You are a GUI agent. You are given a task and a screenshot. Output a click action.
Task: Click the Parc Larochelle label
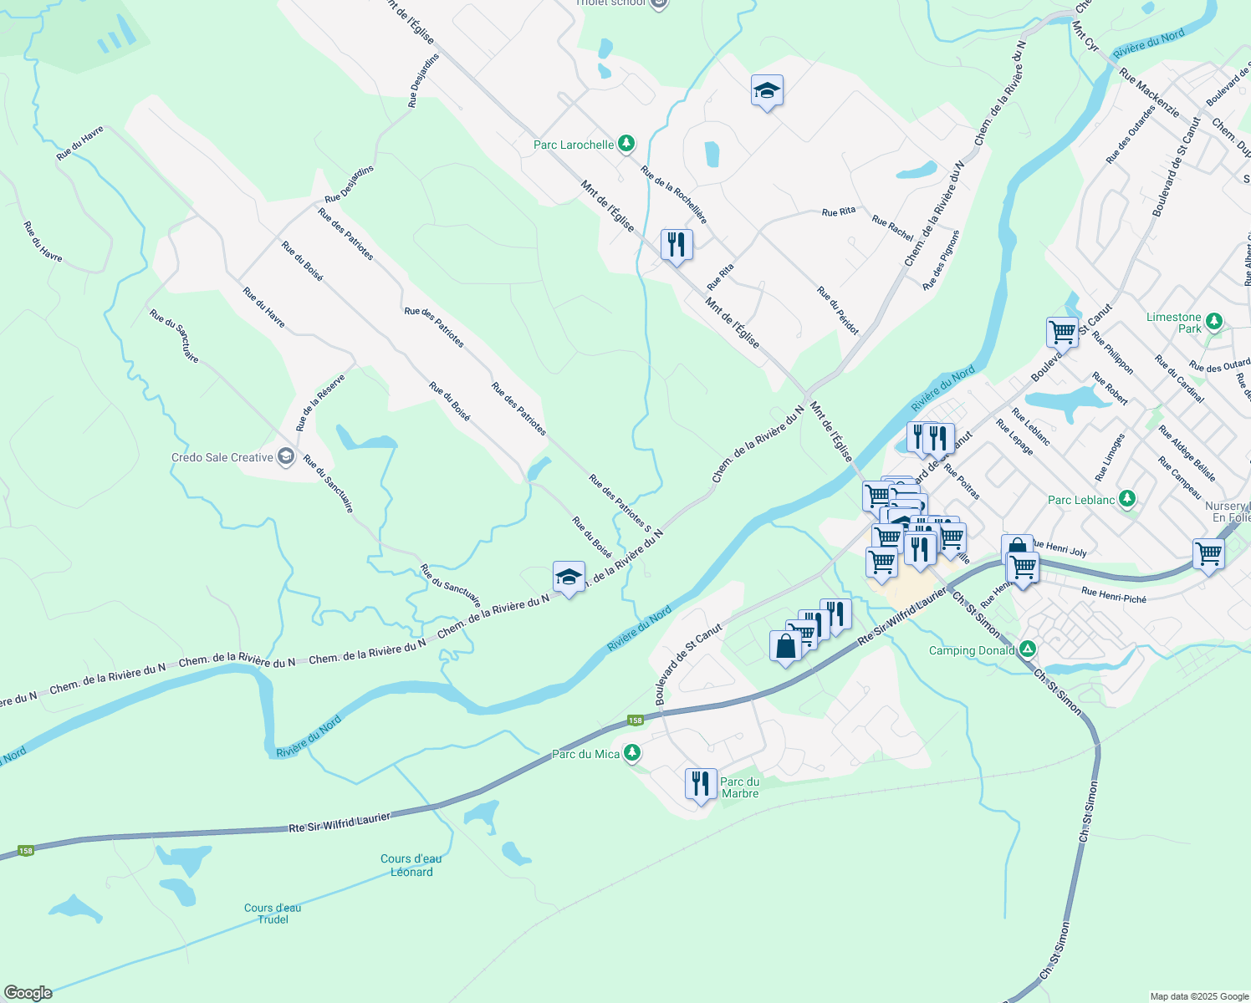coord(574,145)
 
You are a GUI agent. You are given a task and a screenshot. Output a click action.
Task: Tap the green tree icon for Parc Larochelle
coord(626,145)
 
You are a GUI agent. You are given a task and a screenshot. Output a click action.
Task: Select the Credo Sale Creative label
coord(222,457)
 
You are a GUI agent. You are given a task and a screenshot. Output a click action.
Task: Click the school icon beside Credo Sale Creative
coord(286,456)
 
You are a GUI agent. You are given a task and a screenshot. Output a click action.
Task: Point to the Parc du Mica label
coord(585,754)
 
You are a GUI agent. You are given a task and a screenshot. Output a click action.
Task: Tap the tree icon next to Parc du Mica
coord(632,753)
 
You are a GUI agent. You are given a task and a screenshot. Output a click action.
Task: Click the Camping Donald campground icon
coord(1027,649)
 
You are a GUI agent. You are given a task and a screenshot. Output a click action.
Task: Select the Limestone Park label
coord(1173,323)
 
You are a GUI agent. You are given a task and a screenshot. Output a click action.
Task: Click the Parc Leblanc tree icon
coord(1127,499)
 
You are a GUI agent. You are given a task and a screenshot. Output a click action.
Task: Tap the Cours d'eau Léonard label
coord(411,865)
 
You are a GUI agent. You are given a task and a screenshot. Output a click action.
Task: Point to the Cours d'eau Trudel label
coord(273,914)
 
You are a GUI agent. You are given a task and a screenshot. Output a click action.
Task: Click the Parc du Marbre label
coord(740,787)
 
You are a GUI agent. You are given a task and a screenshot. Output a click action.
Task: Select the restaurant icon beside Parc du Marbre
coord(701,784)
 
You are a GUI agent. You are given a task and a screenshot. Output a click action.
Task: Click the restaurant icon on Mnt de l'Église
coord(677,245)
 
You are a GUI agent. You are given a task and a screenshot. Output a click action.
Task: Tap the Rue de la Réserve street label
coord(320,403)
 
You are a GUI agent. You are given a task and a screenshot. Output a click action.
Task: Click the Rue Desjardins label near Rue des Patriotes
coord(350,185)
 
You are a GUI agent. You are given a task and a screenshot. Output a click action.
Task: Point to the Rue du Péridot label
coord(838,311)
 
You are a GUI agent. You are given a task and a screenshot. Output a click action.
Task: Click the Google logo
coord(28,993)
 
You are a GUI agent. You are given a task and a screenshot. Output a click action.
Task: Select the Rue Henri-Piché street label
coord(1113,595)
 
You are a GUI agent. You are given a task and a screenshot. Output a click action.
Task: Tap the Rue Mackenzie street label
coord(1149,93)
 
